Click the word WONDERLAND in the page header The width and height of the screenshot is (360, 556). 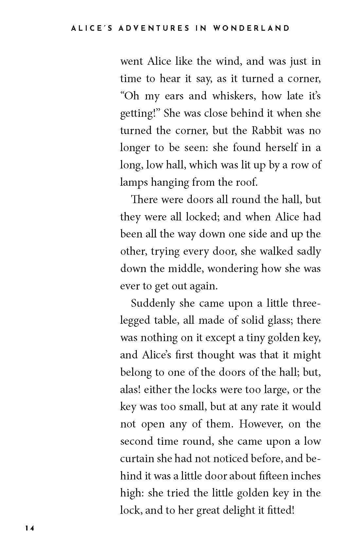251,28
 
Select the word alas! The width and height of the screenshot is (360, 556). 131,390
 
